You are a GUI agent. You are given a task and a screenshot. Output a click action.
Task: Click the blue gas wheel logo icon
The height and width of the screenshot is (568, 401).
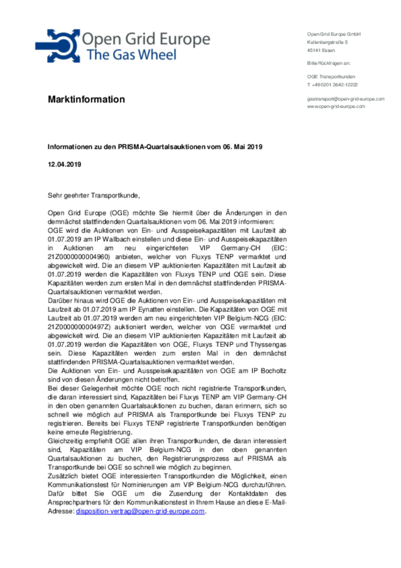(58, 45)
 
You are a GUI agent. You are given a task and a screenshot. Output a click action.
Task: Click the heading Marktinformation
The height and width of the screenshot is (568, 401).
(86, 99)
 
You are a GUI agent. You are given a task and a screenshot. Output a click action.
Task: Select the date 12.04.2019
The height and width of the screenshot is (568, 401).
(64, 164)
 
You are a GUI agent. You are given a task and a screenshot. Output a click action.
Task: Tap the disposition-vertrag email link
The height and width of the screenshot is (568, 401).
(140, 511)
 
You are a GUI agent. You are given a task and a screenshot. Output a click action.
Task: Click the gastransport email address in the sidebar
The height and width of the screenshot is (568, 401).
(346, 99)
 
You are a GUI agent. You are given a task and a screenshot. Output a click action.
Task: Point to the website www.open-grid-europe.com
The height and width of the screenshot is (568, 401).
(336, 106)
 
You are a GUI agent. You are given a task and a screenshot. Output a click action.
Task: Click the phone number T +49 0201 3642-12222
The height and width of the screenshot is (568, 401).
(332, 85)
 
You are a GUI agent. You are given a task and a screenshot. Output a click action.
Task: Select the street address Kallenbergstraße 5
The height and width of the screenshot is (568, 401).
(327, 42)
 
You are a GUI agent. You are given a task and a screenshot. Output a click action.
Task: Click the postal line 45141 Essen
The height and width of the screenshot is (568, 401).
(321, 50)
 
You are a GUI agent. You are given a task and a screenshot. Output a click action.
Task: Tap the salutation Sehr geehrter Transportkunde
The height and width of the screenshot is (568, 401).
(94, 195)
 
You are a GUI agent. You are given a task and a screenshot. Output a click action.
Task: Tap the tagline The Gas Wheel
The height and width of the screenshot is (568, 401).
(131, 55)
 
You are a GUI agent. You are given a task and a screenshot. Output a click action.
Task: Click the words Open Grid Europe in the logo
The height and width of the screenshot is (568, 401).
(146, 39)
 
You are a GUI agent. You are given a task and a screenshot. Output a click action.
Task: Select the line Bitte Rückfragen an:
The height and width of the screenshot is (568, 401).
(329, 63)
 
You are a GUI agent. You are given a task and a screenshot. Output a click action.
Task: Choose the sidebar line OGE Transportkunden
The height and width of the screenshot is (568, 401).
(331, 77)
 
